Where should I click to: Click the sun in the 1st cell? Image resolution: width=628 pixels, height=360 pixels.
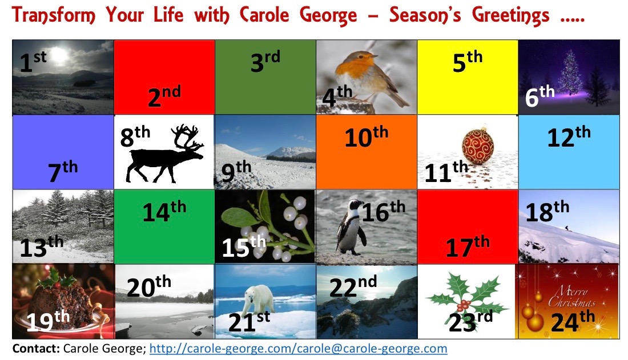[x=59, y=55]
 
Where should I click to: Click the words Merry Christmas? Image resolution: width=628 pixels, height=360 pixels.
[x=571, y=296]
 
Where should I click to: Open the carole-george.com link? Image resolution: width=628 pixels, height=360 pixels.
[x=299, y=349]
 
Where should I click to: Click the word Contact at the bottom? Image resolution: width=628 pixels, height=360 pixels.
[x=36, y=349]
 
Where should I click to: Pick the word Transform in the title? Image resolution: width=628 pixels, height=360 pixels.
[x=54, y=15]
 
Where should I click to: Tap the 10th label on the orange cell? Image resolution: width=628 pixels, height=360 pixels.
[x=367, y=136]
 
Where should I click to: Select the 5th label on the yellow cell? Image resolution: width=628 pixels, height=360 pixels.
[x=468, y=61]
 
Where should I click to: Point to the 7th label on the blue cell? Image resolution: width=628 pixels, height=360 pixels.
[x=63, y=171]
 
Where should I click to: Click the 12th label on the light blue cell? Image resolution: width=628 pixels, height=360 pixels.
[x=569, y=136]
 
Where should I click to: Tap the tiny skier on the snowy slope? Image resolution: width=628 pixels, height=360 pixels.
[x=566, y=228]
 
